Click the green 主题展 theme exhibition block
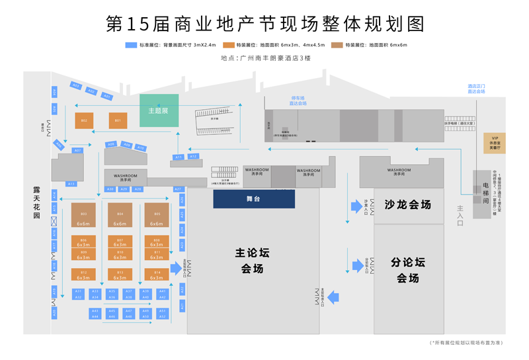pos(159,110)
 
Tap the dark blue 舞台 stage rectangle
pos(254,199)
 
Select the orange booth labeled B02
pos(83,120)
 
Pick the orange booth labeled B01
pos(118,120)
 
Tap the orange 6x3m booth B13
pos(120,274)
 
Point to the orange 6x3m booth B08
pos(157,242)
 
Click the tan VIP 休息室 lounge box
pos(495,143)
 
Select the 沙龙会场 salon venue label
pos(407,205)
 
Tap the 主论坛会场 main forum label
pos(253,261)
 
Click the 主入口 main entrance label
pos(460,216)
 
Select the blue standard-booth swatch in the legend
pos(131,45)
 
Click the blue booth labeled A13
pos(71,183)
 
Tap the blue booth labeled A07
pos(77,151)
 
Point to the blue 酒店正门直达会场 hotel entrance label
pos(476,89)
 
